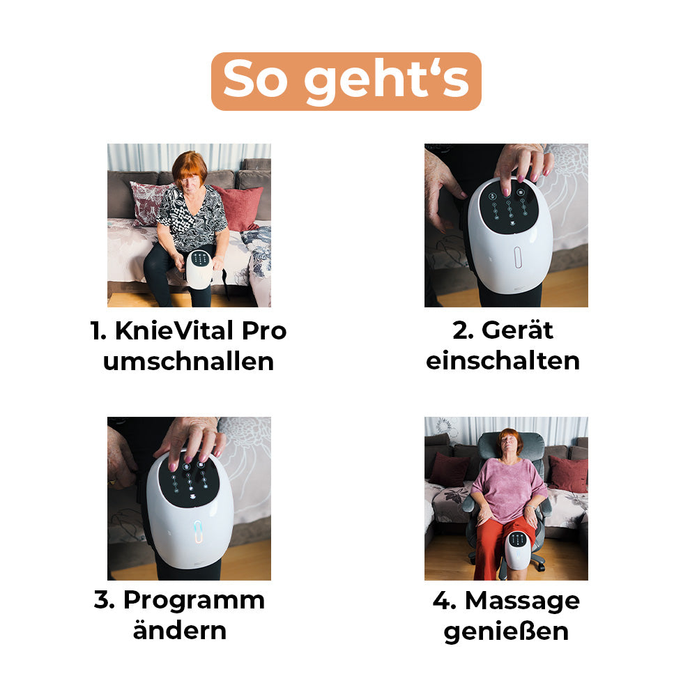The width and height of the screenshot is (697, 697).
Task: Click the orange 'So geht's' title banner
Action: pos(346,82)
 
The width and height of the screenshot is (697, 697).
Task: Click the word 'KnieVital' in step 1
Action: pos(174,330)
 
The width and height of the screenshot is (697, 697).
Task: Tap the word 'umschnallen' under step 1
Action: pos(188,361)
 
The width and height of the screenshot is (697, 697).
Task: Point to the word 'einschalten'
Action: pos(503,360)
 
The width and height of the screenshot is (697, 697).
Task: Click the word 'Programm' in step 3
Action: pos(194,601)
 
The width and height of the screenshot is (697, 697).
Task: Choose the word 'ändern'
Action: pos(180,630)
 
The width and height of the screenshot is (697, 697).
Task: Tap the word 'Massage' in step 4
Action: pos(522,601)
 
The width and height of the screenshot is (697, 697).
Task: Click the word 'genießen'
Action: pos(506,631)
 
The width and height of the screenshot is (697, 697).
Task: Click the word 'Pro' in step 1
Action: pos(264,330)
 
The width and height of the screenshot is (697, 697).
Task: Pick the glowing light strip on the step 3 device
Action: pos(198,532)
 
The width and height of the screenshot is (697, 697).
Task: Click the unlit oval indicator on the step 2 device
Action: pos(518,258)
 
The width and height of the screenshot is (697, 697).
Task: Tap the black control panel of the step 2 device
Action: pos(509,206)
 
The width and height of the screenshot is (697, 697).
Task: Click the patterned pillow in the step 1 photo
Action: pos(146,202)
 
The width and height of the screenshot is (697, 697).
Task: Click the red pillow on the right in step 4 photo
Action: pos(569,474)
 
